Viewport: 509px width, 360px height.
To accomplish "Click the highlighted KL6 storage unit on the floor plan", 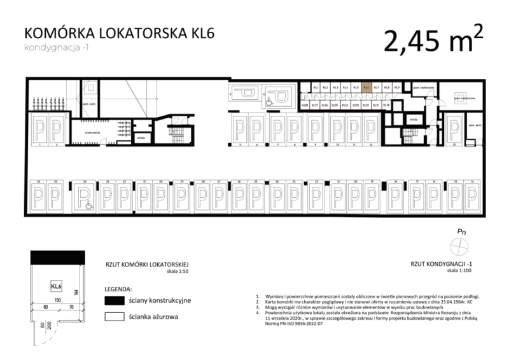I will pyautogui.click(x=366, y=88).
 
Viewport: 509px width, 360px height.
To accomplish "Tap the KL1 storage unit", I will pyautogui.click(x=315, y=88).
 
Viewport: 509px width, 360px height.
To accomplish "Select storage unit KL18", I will pyautogui.click(x=305, y=104).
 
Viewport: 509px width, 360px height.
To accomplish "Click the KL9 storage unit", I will pyautogui.click(x=397, y=88).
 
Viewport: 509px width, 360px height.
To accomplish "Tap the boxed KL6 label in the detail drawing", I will pyautogui.click(x=56, y=286).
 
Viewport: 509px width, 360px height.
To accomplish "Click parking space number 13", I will pyautogui.click(x=454, y=144).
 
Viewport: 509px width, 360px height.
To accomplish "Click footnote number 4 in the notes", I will pyautogui.click(x=257, y=312).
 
